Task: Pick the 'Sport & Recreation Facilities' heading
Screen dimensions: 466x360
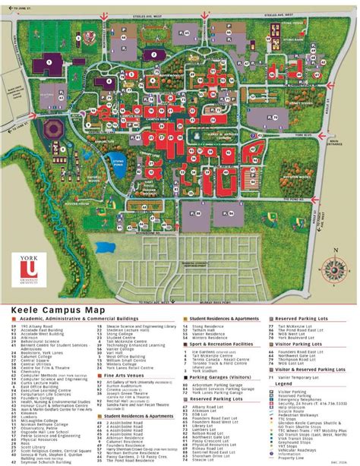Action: tap(220, 321)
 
